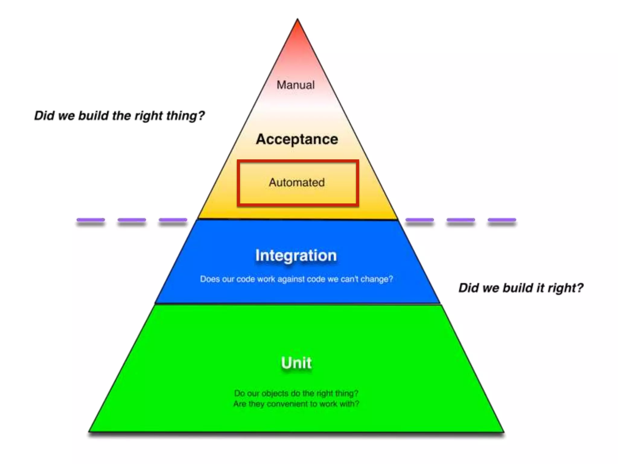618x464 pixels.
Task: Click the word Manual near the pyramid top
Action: tap(295, 85)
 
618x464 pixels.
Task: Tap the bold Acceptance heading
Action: tap(297, 139)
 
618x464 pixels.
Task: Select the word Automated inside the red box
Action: tap(297, 182)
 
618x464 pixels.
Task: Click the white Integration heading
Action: tap(296, 256)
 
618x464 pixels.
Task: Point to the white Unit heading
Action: tap(296, 362)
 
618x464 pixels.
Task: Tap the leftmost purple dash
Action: tap(91, 220)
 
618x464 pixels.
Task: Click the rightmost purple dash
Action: tap(502, 220)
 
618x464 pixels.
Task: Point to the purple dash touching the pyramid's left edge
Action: tap(173, 220)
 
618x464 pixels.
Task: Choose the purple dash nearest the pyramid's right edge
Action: tap(419, 220)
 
